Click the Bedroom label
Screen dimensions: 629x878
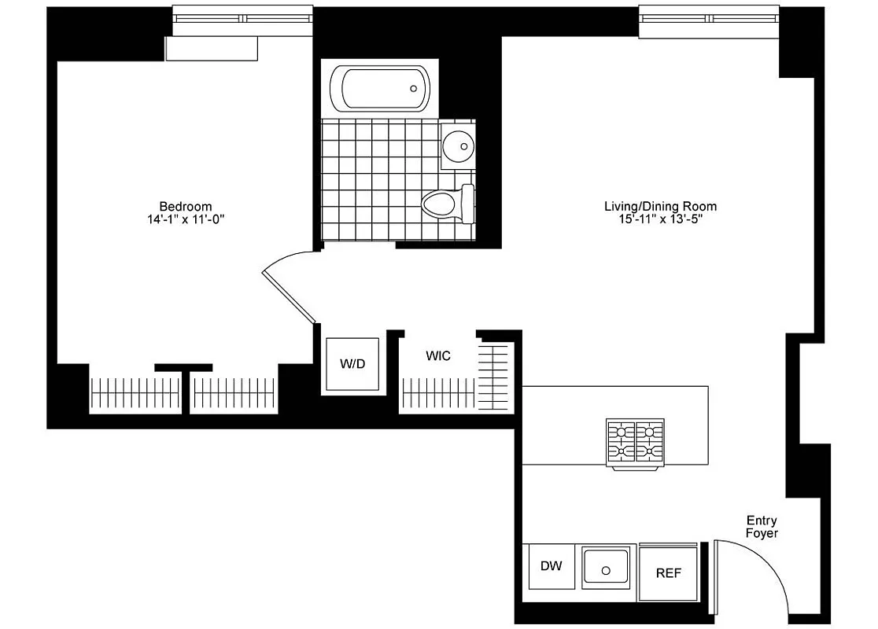tap(186, 207)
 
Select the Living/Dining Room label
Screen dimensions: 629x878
tap(660, 207)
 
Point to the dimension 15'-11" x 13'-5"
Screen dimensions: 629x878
tap(660, 219)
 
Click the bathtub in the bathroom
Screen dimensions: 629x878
tap(380, 89)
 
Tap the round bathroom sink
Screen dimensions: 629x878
tap(457, 145)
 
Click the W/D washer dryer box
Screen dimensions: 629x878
tap(352, 364)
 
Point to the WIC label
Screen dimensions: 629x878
tap(438, 356)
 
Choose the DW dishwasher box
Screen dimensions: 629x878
tap(551, 566)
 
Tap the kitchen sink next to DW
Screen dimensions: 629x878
tap(606, 568)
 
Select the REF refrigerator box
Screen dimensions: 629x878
tap(668, 572)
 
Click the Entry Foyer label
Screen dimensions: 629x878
tap(762, 527)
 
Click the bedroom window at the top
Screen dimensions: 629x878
tap(243, 17)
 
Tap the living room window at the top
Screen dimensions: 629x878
tap(708, 17)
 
